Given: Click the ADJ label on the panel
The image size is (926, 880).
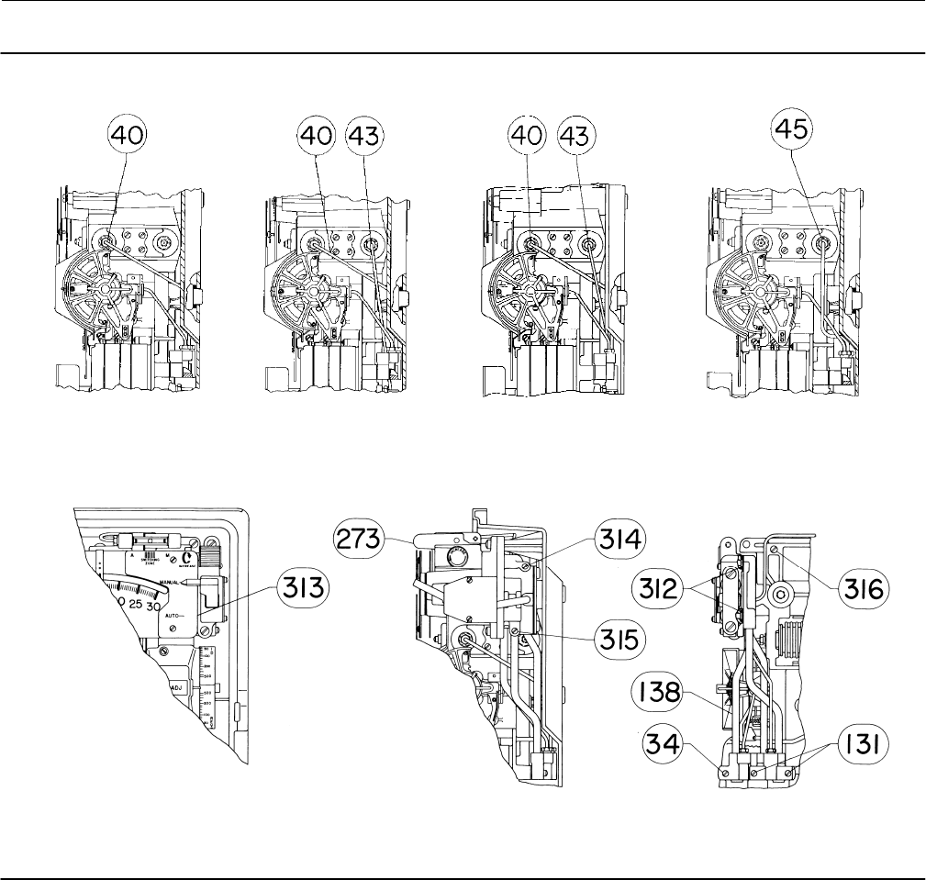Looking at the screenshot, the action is click(x=175, y=686).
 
